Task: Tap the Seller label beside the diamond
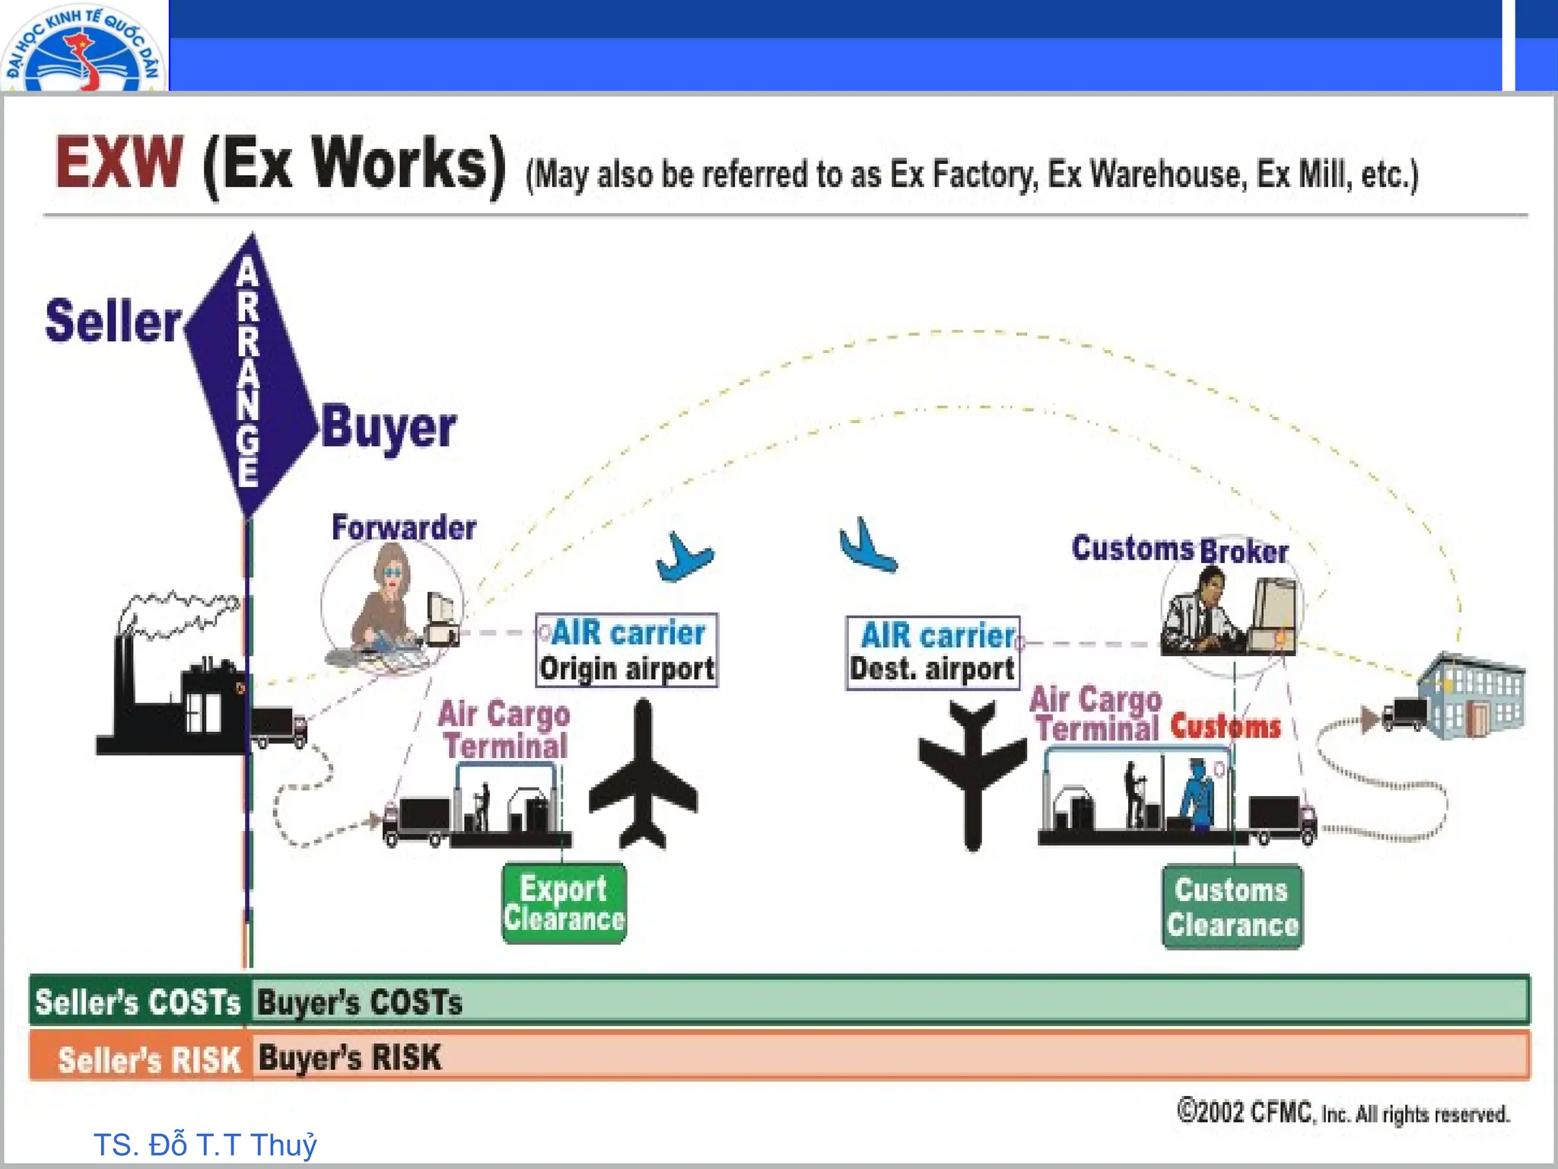tap(113, 321)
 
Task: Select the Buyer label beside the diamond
tap(388, 428)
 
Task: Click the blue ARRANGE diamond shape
tap(250, 373)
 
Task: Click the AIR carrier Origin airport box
tap(626, 651)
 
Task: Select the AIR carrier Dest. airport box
tap(933, 653)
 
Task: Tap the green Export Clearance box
tap(564, 903)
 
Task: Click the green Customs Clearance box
tap(1232, 906)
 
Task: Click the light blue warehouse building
tap(1472, 696)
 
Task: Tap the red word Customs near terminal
tap(1226, 726)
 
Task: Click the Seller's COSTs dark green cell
tap(138, 1002)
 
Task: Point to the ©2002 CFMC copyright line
tap(1343, 1113)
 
